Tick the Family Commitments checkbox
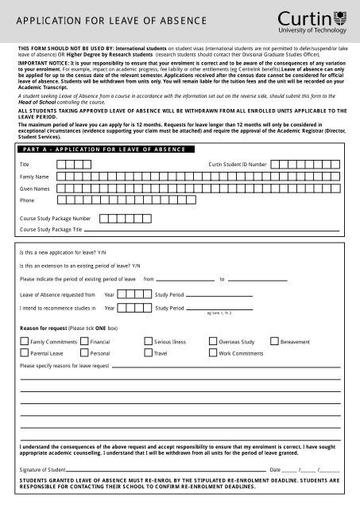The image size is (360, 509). pos(24,340)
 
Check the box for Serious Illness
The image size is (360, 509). pos(148,340)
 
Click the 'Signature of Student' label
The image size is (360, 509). pos(41,471)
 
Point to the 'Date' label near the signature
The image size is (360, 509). pos(275,471)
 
